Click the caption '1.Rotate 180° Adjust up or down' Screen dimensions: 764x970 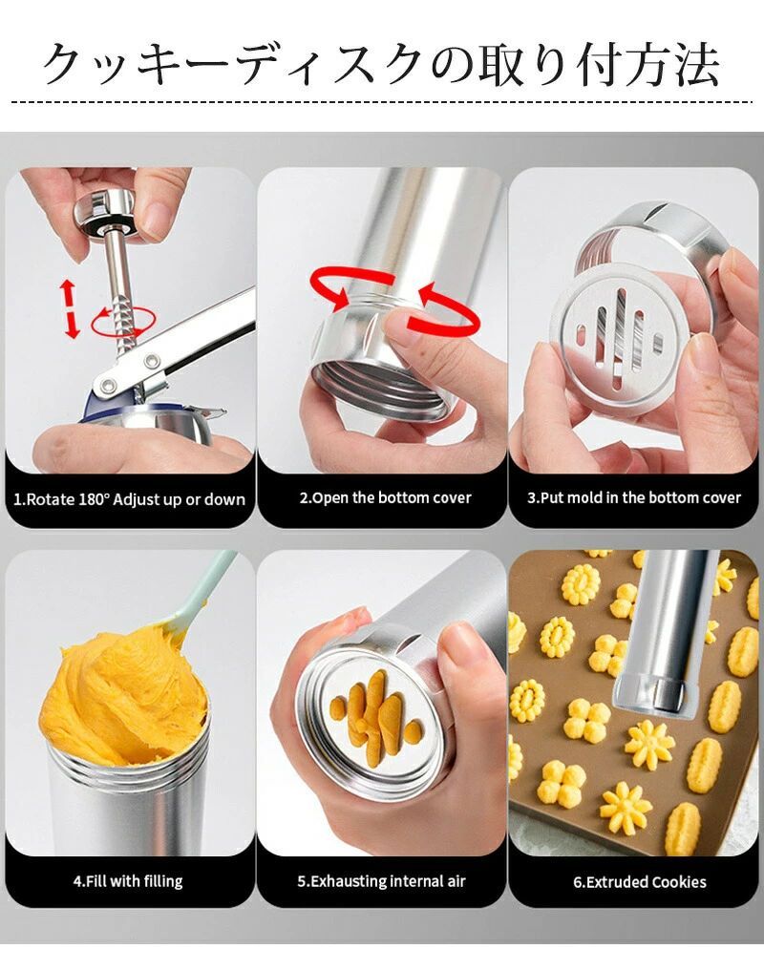tap(129, 499)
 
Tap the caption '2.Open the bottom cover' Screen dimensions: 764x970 tap(386, 498)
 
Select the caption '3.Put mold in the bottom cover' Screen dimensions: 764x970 tap(634, 498)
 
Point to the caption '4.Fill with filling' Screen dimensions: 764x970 tap(128, 881)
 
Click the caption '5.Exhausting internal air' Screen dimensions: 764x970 tap(382, 881)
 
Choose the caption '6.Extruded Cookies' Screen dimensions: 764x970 tap(640, 881)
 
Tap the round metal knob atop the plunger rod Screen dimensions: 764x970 tap(106, 214)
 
